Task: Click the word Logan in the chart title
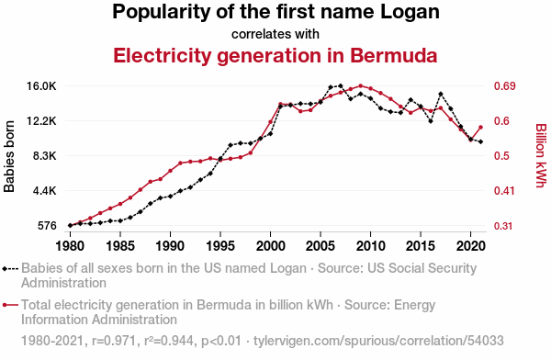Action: point(410,13)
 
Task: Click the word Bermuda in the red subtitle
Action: point(394,55)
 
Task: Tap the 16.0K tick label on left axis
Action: point(42,86)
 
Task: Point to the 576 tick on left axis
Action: point(47,226)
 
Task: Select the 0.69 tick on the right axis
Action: point(504,86)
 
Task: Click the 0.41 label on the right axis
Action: point(504,191)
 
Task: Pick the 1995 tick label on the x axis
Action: point(220,246)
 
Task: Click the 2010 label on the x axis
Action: point(370,246)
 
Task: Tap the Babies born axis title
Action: point(9,156)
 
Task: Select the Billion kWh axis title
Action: point(541,156)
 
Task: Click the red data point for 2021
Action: point(480,128)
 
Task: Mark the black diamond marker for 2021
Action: point(480,142)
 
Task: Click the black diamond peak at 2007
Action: point(341,85)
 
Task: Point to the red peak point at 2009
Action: point(361,85)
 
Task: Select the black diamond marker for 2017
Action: point(441,94)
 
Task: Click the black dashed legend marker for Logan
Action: point(10,269)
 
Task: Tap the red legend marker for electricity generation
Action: point(10,305)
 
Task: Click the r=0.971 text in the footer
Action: point(114,341)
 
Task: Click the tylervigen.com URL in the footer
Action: point(378,341)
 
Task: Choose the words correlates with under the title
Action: point(275,34)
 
